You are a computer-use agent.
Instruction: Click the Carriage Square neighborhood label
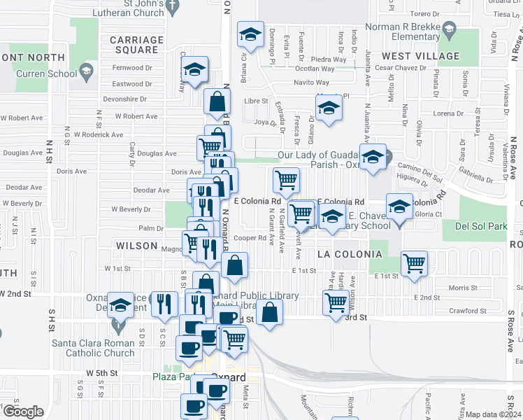(x=136, y=45)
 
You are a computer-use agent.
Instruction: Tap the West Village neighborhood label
(x=421, y=56)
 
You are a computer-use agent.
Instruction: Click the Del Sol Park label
(x=475, y=227)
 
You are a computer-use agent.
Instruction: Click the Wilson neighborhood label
(x=137, y=246)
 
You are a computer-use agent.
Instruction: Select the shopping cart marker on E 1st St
(x=415, y=263)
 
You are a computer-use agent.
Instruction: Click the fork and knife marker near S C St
(x=164, y=303)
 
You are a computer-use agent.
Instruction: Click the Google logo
(x=23, y=412)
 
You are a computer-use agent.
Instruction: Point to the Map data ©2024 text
(x=494, y=414)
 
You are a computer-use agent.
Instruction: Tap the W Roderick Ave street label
(x=99, y=134)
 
